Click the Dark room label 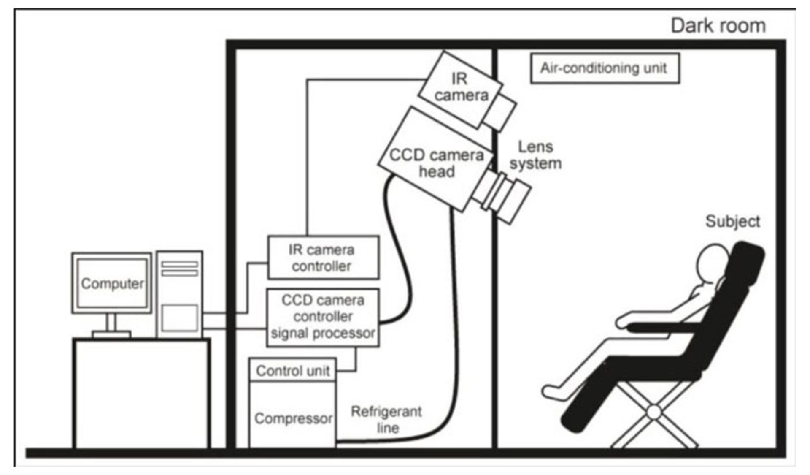click(x=718, y=26)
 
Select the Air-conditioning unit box click(x=605, y=68)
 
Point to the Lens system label click(x=535, y=155)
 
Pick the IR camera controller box click(x=323, y=258)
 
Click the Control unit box click(x=292, y=370)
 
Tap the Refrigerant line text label click(x=386, y=419)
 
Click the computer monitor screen click(x=112, y=283)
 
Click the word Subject click(x=732, y=221)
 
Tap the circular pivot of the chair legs click(x=653, y=412)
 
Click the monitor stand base click(x=111, y=334)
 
